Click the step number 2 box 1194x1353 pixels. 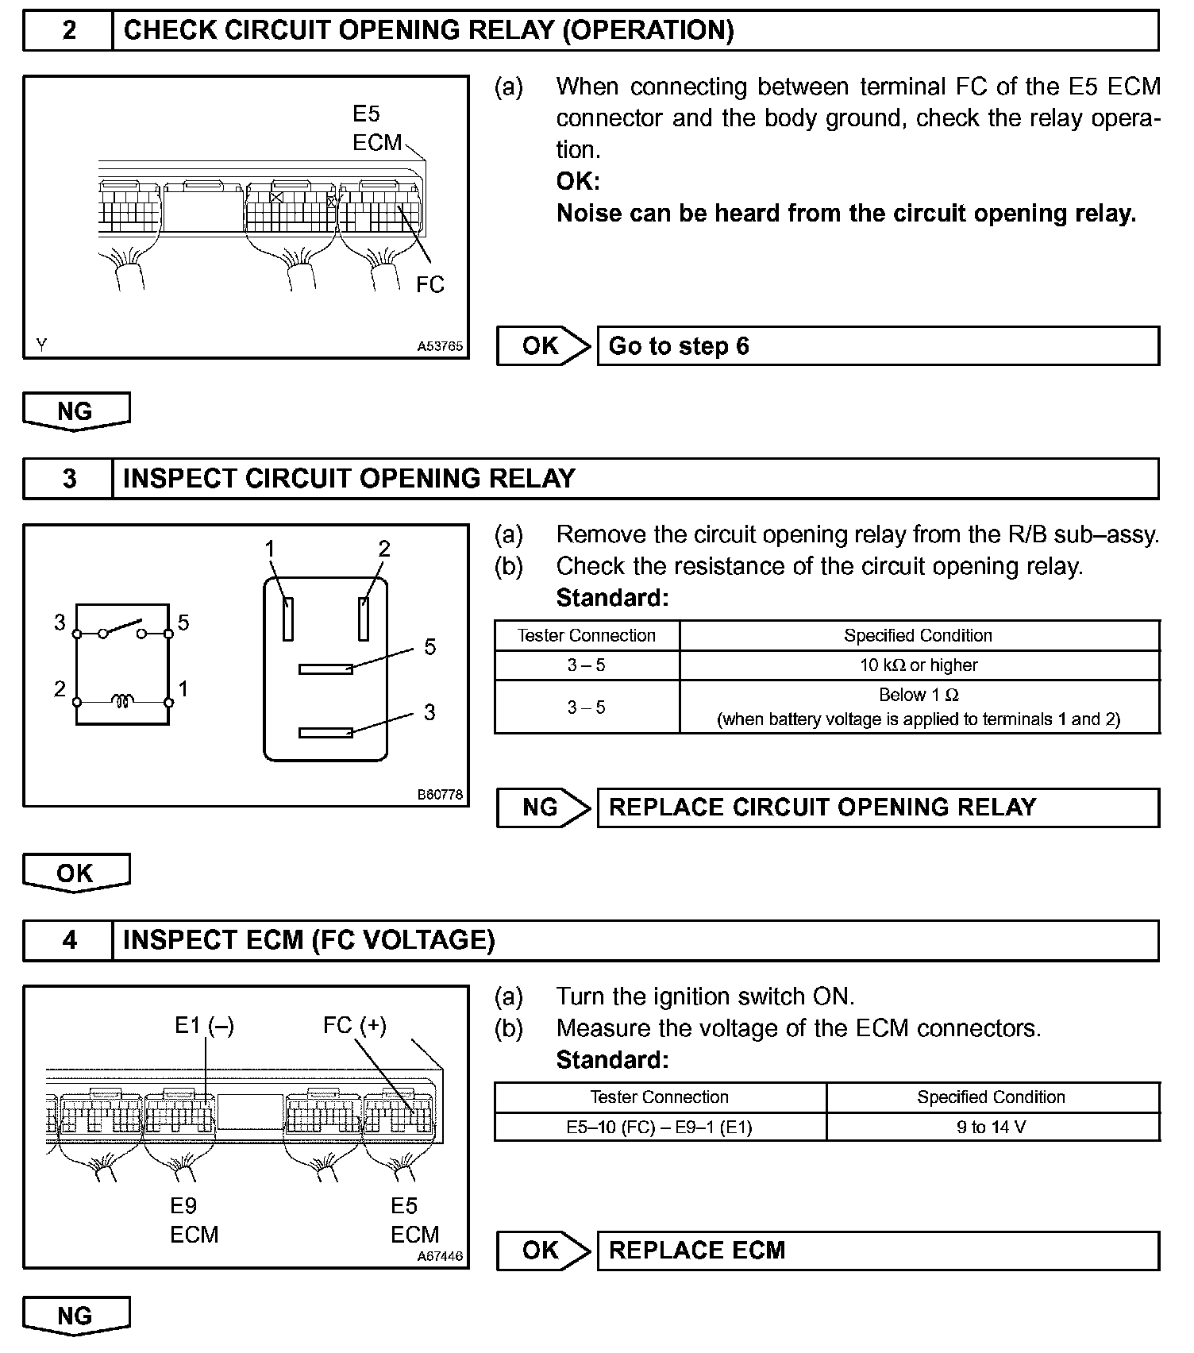69,31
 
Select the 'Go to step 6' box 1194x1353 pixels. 877,346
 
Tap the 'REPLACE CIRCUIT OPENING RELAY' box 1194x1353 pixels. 877,808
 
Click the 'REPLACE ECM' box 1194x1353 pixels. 877,1251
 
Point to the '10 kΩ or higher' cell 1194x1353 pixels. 919,665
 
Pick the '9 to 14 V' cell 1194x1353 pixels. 992,1127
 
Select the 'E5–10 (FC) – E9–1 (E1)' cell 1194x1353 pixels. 660,1127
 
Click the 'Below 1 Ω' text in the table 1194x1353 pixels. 919,696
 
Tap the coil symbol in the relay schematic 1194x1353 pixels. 122,701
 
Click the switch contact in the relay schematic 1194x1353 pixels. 122,628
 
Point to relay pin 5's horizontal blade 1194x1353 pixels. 325,669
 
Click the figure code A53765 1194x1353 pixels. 441,347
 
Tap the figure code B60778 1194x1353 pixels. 441,795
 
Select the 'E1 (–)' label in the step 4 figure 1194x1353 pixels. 204,1026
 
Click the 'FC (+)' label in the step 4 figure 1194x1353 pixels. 355,1026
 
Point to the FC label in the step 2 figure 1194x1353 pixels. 430,285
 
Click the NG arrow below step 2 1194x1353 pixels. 76,411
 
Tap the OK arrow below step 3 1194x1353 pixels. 76,873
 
